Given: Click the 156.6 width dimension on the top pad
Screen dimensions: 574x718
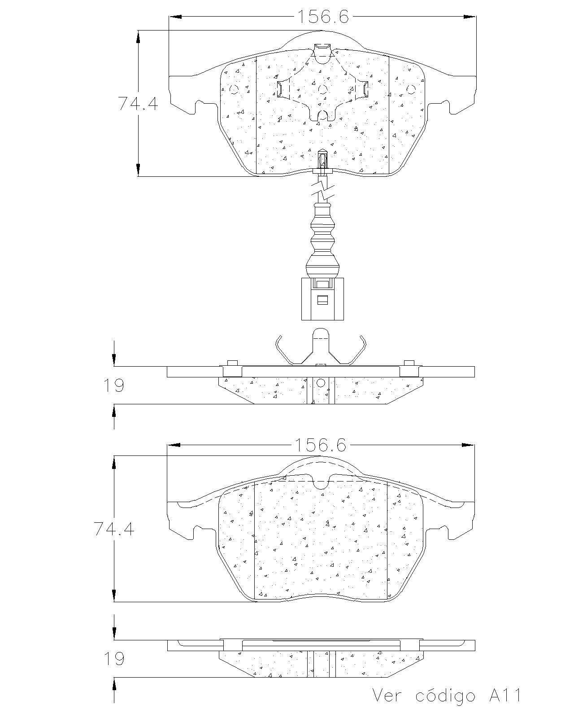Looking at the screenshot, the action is pos(323,17).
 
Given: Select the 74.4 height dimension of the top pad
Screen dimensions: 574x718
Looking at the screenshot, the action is pos(138,104).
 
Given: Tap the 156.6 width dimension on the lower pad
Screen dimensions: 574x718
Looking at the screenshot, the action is pos(321,445).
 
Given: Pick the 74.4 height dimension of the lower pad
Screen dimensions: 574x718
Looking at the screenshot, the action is pos(114,529).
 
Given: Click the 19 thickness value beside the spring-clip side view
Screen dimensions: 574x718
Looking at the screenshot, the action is pos(114,385).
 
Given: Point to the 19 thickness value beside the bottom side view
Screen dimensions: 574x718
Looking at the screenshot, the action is pos(114,659).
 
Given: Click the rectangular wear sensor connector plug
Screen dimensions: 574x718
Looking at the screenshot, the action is pos(322,299).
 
